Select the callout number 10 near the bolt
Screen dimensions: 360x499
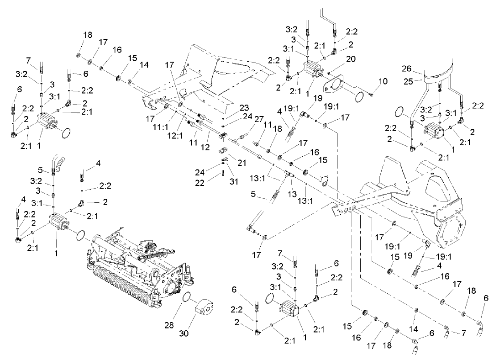383,81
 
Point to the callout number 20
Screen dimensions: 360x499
351,59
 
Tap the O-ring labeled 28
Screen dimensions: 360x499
186,297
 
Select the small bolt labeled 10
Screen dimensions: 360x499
370,95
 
